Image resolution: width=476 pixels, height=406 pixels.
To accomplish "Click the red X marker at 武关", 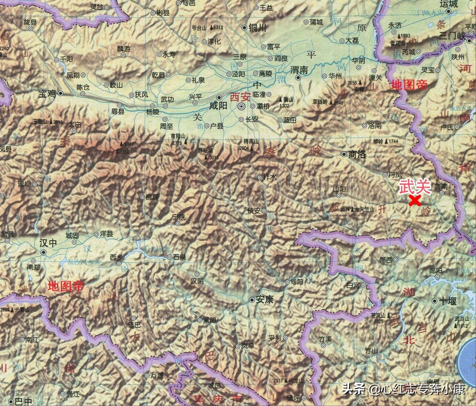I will pyautogui.click(x=414, y=201).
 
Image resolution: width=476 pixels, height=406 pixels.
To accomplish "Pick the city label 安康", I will pyautogui.click(x=265, y=300).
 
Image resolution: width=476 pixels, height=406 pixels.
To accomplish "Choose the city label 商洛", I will pyautogui.click(x=357, y=155).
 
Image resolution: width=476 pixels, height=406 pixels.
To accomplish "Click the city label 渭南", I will pyautogui.click(x=299, y=70).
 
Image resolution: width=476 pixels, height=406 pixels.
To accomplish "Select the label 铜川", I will pyautogui.click(x=257, y=28).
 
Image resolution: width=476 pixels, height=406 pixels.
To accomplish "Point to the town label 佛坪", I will pyautogui.click(x=152, y=197).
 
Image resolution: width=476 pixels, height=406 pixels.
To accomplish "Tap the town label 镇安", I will pyautogui.click(x=254, y=211).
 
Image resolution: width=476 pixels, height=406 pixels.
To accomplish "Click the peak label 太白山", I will pyautogui.click(x=123, y=151).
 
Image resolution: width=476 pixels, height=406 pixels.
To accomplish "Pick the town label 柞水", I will pyautogui.click(x=270, y=177).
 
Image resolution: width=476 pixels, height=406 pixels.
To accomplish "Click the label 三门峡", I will pyautogui.click(x=453, y=36).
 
